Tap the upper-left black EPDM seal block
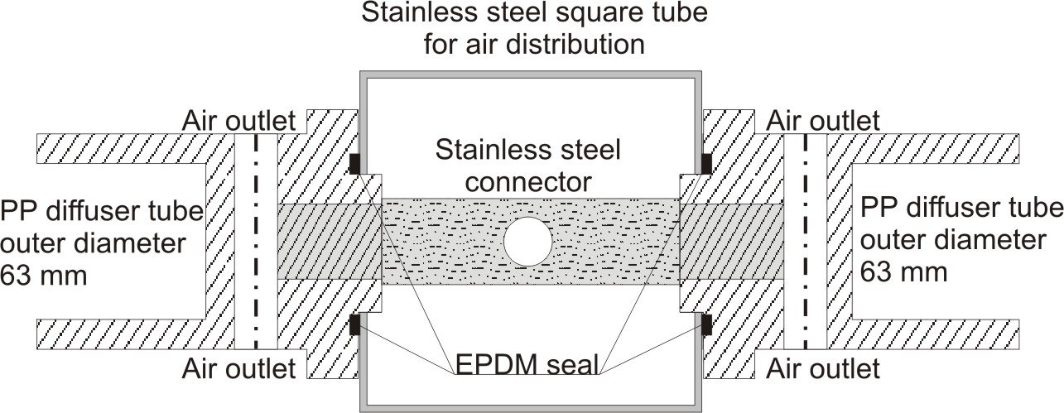[354, 164]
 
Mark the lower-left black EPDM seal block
[354, 324]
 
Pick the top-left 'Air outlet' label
[238, 122]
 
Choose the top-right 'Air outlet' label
[824, 122]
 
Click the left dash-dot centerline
[255, 240]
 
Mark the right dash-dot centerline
[805, 240]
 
